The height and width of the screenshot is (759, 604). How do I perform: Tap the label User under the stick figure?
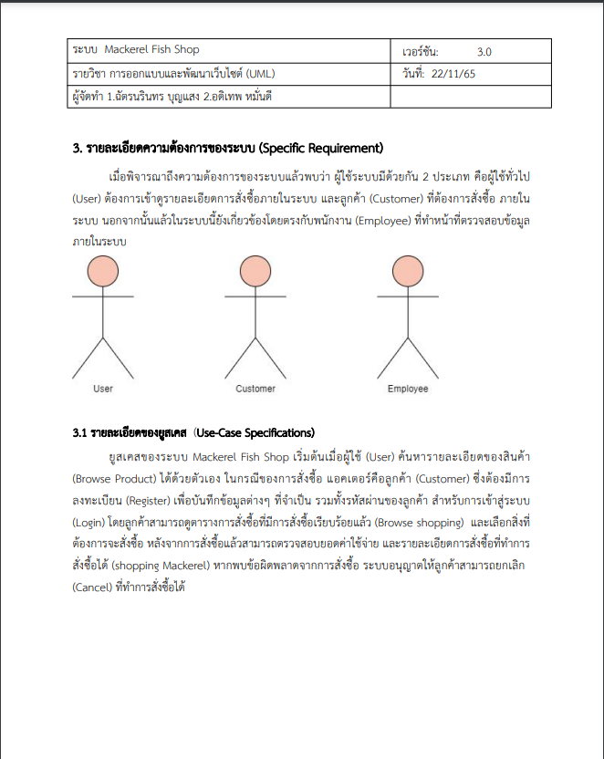tap(103, 389)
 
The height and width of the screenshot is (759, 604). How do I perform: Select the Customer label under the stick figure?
tap(255, 389)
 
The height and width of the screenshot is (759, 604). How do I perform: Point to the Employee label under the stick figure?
tap(408, 389)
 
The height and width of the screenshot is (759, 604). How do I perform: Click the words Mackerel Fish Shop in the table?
tap(151, 49)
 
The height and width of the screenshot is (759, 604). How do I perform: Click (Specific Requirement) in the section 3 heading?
tap(320, 149)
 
